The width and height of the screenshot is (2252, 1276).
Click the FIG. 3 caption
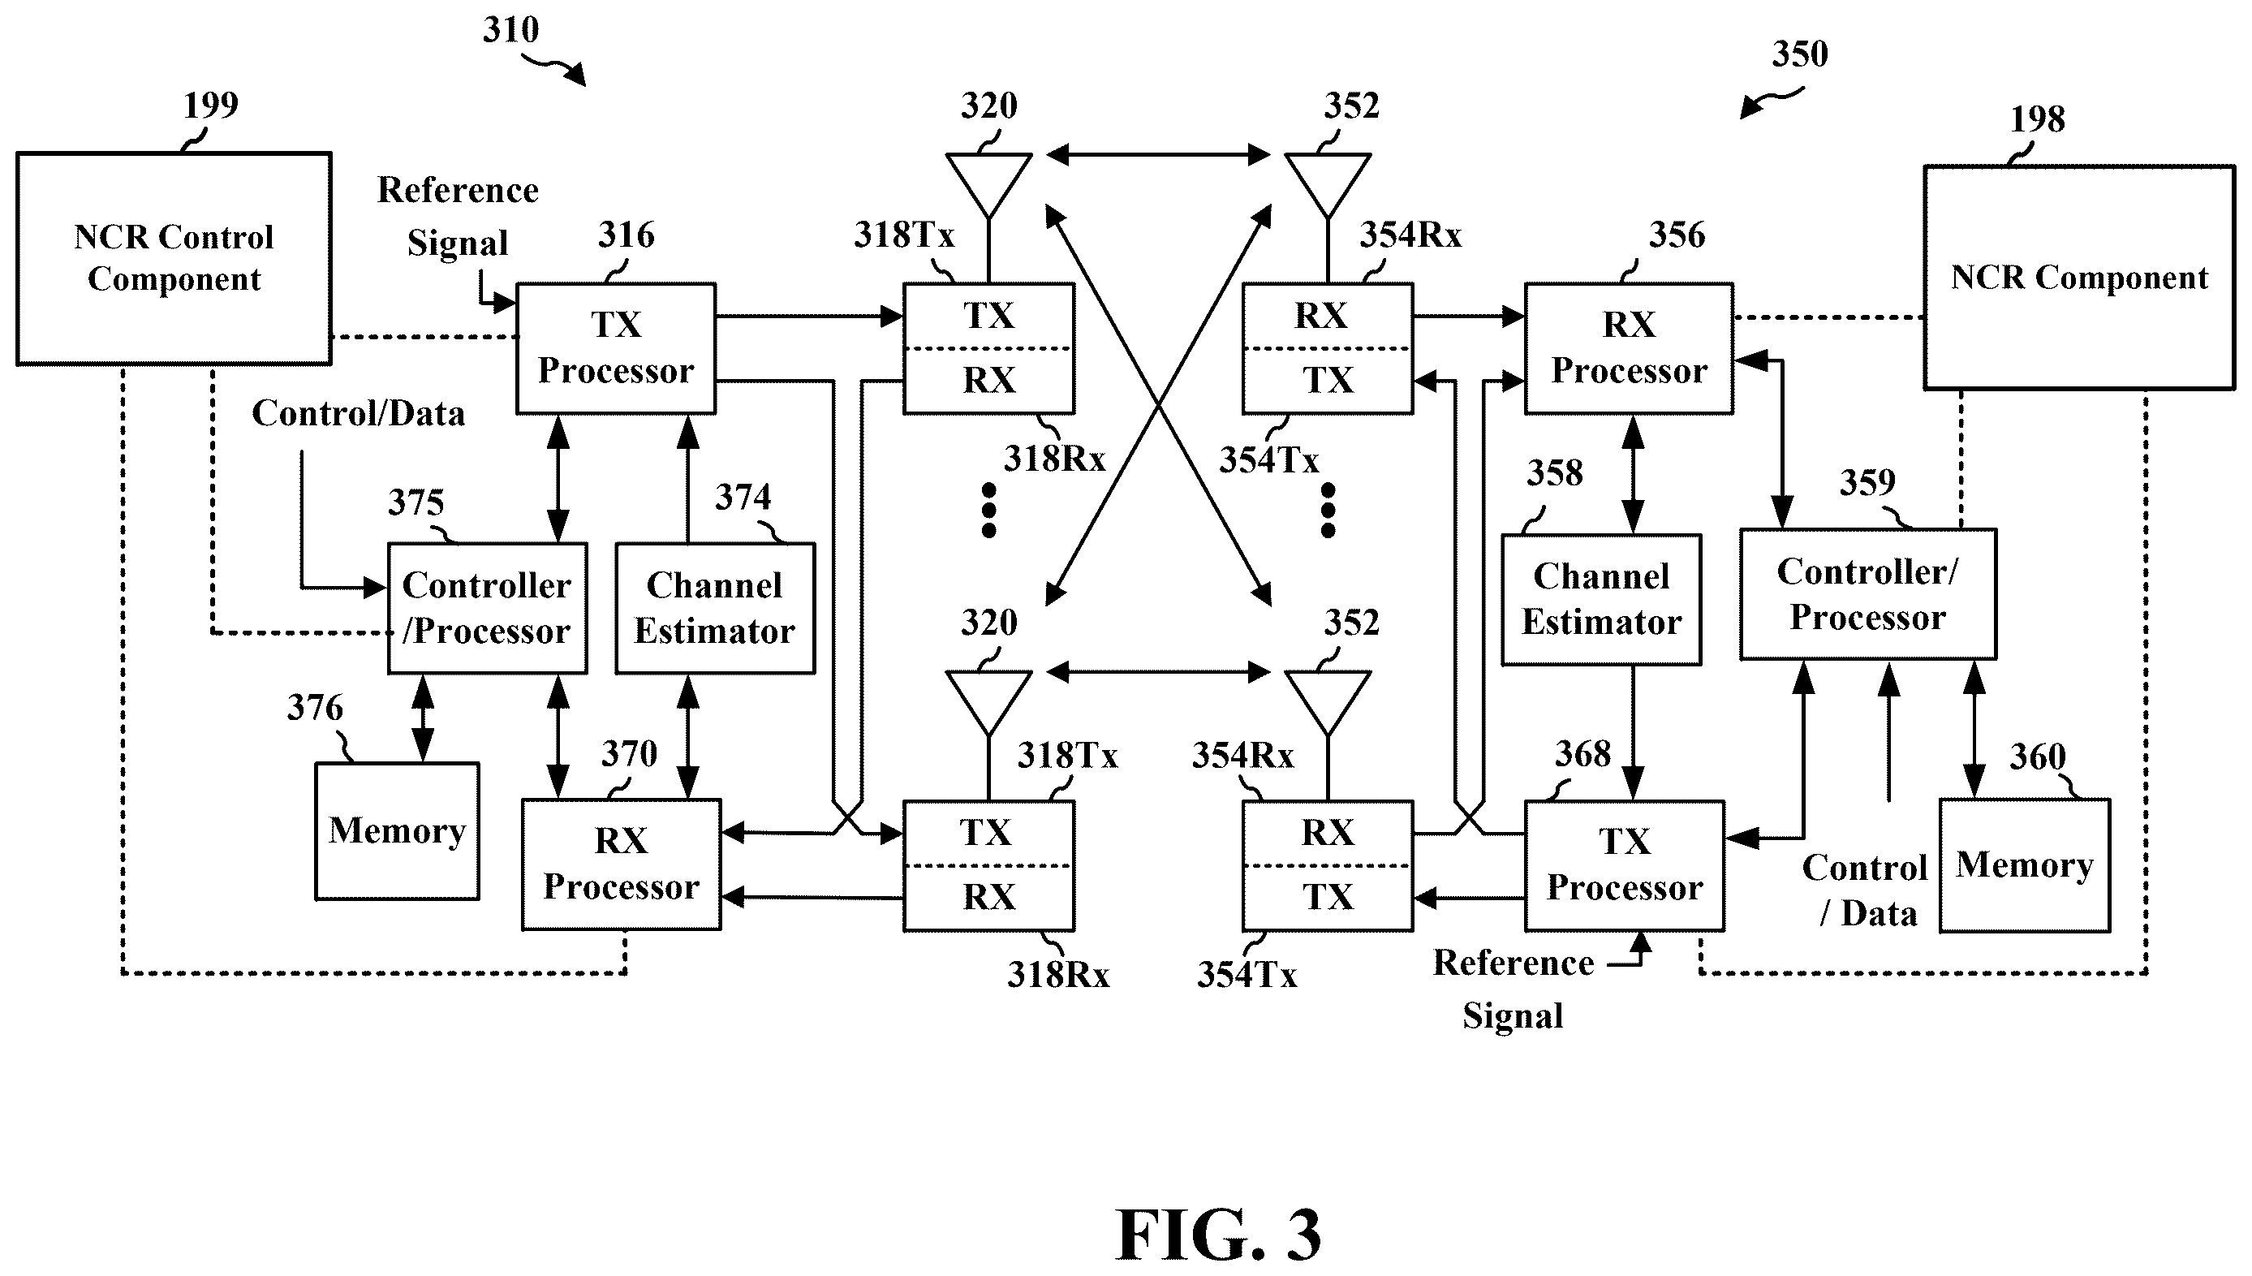tap(1217, 1234)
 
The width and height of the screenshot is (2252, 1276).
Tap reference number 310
tap(510, 30)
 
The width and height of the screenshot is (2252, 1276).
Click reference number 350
tap(1800, 54)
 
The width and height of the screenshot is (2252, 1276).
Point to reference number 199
tap(210, 106)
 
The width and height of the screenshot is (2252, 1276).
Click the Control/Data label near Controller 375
tap(358, 414)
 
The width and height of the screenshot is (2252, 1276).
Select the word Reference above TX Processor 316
tap(458, 190)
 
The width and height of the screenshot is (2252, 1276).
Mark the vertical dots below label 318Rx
tap(989, 510)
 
